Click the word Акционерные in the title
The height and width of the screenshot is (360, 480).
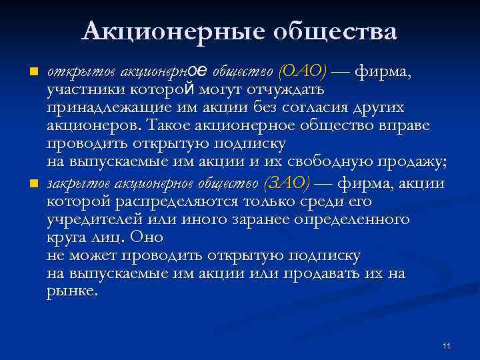[171, 31]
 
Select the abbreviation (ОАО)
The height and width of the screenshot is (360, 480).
[303, 72]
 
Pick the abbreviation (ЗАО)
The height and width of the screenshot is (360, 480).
[287, 183]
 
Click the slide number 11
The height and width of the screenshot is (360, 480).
[446, 345]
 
